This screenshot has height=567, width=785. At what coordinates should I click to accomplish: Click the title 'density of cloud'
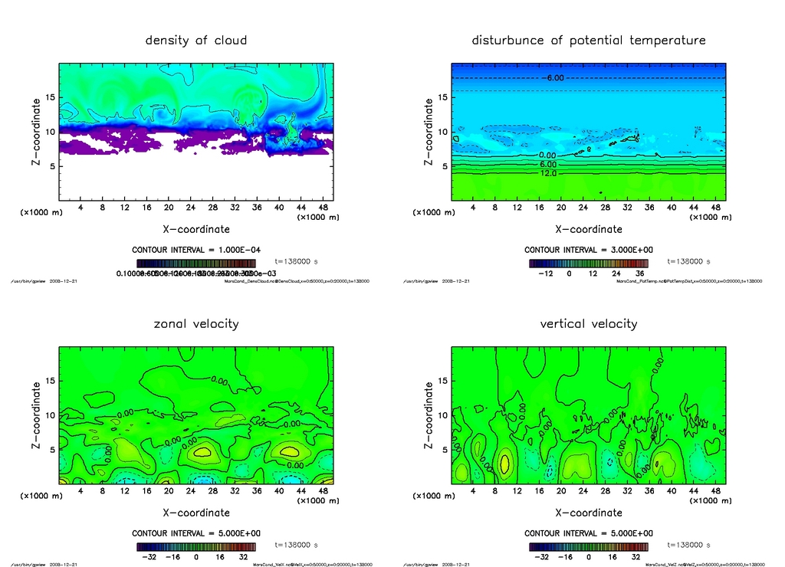click(x=196, y=40)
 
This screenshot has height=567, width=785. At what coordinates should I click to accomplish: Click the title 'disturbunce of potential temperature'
click(x=588, y=40)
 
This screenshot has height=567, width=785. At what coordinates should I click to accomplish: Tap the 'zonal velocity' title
click(x=196, y=323)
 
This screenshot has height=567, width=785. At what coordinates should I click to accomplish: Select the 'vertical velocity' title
click(x=588, y=323)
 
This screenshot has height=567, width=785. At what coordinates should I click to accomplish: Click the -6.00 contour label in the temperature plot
click(x=554, y=78)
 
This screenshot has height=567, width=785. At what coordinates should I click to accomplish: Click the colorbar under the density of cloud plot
click(x=196, y=263)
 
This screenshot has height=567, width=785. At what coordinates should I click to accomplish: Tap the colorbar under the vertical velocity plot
click(x=588, y=546)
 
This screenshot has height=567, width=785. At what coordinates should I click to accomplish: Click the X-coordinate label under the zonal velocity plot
click(x=196, y=513)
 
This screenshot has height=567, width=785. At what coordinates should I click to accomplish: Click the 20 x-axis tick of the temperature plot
click(x=561, y=207)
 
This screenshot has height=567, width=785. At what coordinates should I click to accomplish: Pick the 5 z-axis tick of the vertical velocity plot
click(x=441, y=450)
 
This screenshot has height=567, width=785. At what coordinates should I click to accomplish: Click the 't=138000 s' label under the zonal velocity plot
click(x=296, y=545)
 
